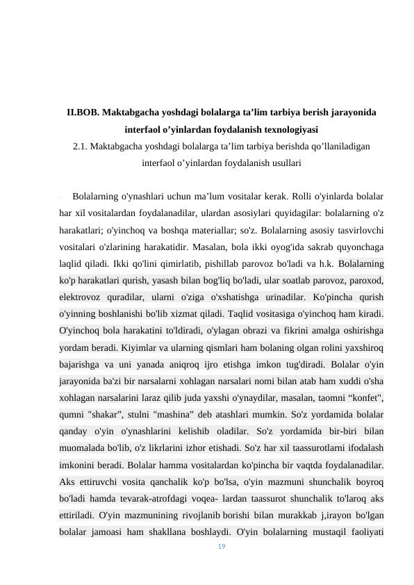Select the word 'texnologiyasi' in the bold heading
290,129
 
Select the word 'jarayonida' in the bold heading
351,112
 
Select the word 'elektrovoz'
81,297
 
